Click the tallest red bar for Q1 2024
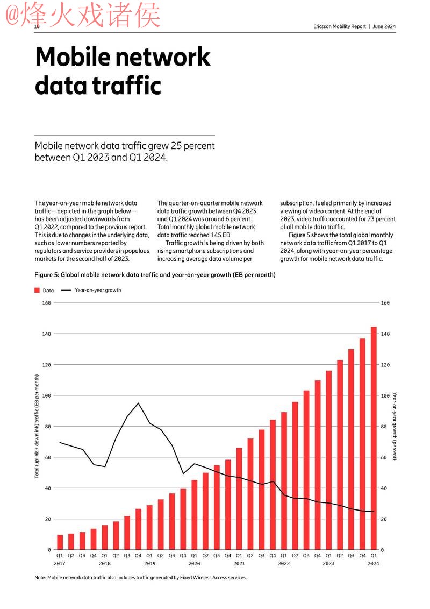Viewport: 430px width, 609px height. click(x=374, y=438)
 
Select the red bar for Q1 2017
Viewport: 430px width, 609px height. click(x=60, y=542)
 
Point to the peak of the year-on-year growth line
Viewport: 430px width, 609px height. click(x=138, y=403)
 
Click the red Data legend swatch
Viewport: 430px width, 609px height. click(x=37, y=290)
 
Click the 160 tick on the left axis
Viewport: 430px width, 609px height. click(x=46, y=303)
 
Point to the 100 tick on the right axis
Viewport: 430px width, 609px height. click(x=385, y=395)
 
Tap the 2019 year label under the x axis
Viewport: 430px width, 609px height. click(x=149, y=564)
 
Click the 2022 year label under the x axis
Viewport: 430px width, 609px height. click(x=284, y=564)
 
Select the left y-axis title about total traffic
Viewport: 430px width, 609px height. click(x=37, y=426)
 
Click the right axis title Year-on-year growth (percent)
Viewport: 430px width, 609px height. click(x=395, y=426)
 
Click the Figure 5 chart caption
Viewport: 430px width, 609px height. click(x=155, y=275)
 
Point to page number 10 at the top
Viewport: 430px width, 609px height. click(x=37, y=26)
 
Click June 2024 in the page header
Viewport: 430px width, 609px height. click(x=384, y=26)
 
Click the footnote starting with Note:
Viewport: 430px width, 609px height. click(x=140, y=578)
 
